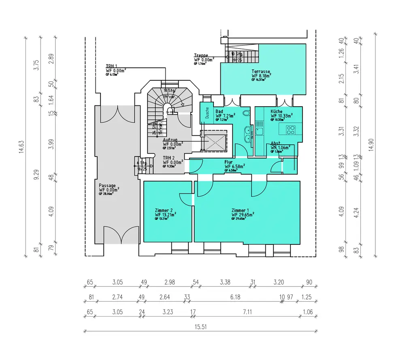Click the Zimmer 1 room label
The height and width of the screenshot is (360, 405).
click(x=240, y=210)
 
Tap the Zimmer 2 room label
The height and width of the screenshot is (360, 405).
click(x=164, y=210)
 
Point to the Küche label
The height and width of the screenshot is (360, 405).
click(x=277, y=111)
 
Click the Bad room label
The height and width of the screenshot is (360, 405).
click(x=219, y=111)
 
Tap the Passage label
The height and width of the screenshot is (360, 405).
click(x=107, y=185)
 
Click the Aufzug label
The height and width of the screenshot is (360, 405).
click(x=170, y=140)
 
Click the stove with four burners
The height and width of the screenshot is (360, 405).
click(x=290, y=130)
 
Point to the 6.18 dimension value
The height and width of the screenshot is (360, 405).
click(x=235, y=297)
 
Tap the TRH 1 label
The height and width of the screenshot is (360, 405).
click(x=112, y=66)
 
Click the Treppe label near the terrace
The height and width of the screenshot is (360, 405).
click(x=201, y=56)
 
